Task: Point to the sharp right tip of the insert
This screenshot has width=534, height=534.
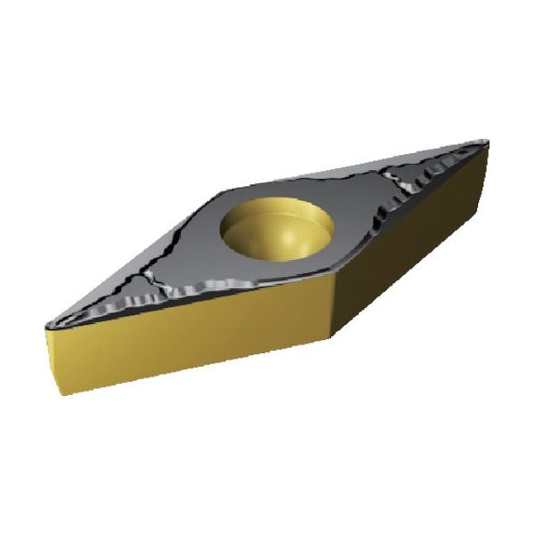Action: click(x=487, y=141)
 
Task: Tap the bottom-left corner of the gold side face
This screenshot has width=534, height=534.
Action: click(x=60, y=392)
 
